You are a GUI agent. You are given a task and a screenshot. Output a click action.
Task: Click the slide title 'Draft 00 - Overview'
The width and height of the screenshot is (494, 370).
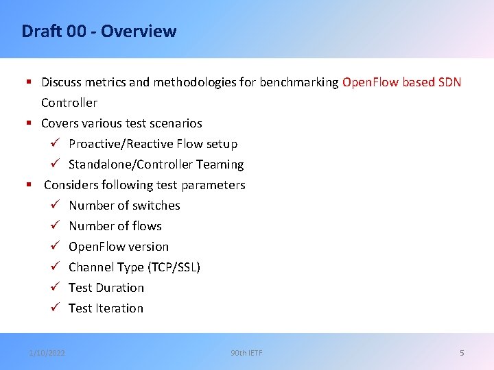(99, 32)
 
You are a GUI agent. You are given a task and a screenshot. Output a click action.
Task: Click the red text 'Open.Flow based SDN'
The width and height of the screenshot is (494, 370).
(401, 82)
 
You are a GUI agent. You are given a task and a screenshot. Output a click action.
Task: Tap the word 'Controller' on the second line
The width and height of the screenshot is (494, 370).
(69, 103)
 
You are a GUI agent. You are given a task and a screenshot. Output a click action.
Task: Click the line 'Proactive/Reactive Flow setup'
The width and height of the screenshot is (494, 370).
(153, 144)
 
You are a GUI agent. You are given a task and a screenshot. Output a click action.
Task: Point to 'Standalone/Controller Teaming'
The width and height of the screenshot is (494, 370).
(156, 164)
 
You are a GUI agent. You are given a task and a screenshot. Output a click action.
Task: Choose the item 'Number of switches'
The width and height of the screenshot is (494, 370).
(124, 206)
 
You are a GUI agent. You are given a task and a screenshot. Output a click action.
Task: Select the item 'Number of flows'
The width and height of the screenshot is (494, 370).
(115, 226)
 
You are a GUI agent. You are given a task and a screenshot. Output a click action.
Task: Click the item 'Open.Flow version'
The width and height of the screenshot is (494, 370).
(119, 247)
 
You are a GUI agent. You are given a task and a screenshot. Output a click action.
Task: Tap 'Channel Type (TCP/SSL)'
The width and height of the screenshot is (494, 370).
(134, 267)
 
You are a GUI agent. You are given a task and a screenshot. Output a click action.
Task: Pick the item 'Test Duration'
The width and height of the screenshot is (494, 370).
(106, 288)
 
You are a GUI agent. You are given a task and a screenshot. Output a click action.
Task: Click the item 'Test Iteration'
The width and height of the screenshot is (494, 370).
(106, 308)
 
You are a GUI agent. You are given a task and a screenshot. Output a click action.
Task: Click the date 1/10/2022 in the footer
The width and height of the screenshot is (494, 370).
(47, 353)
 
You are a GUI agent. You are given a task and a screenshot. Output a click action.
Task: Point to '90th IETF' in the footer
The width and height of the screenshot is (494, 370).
(246, 353)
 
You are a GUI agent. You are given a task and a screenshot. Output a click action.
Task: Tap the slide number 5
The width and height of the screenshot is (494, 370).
(462, 353)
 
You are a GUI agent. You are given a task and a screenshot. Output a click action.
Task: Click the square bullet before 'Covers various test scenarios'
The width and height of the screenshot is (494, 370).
(29, 123)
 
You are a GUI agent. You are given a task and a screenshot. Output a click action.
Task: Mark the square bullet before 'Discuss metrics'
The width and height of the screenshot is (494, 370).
(29, 82)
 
